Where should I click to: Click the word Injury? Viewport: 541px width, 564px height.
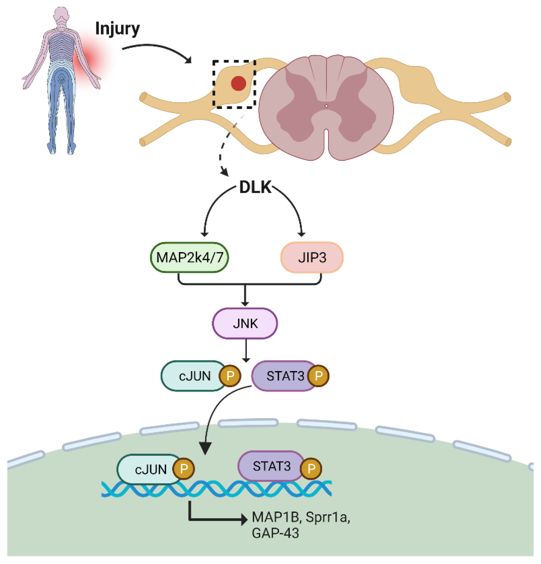[x=117, y=29]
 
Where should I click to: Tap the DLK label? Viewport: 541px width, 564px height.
[x=255, y=187]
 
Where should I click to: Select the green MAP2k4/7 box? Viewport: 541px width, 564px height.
[x=189, y=257]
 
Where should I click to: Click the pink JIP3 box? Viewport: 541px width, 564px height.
[x=311, y=257]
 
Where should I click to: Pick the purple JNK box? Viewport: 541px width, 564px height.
[x=245, y=324]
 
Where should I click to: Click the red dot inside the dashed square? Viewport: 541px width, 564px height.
[x=238, y=83]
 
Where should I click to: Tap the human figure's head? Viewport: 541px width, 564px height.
[x=61, y=14]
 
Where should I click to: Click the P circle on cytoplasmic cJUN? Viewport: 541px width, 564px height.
[x=230, y=376]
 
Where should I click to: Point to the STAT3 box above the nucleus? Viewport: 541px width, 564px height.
[x=284, y=376]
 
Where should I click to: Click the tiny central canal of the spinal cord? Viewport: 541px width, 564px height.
[x=326, y=106]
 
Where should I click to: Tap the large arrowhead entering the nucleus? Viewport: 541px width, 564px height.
[x=205, y=448]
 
